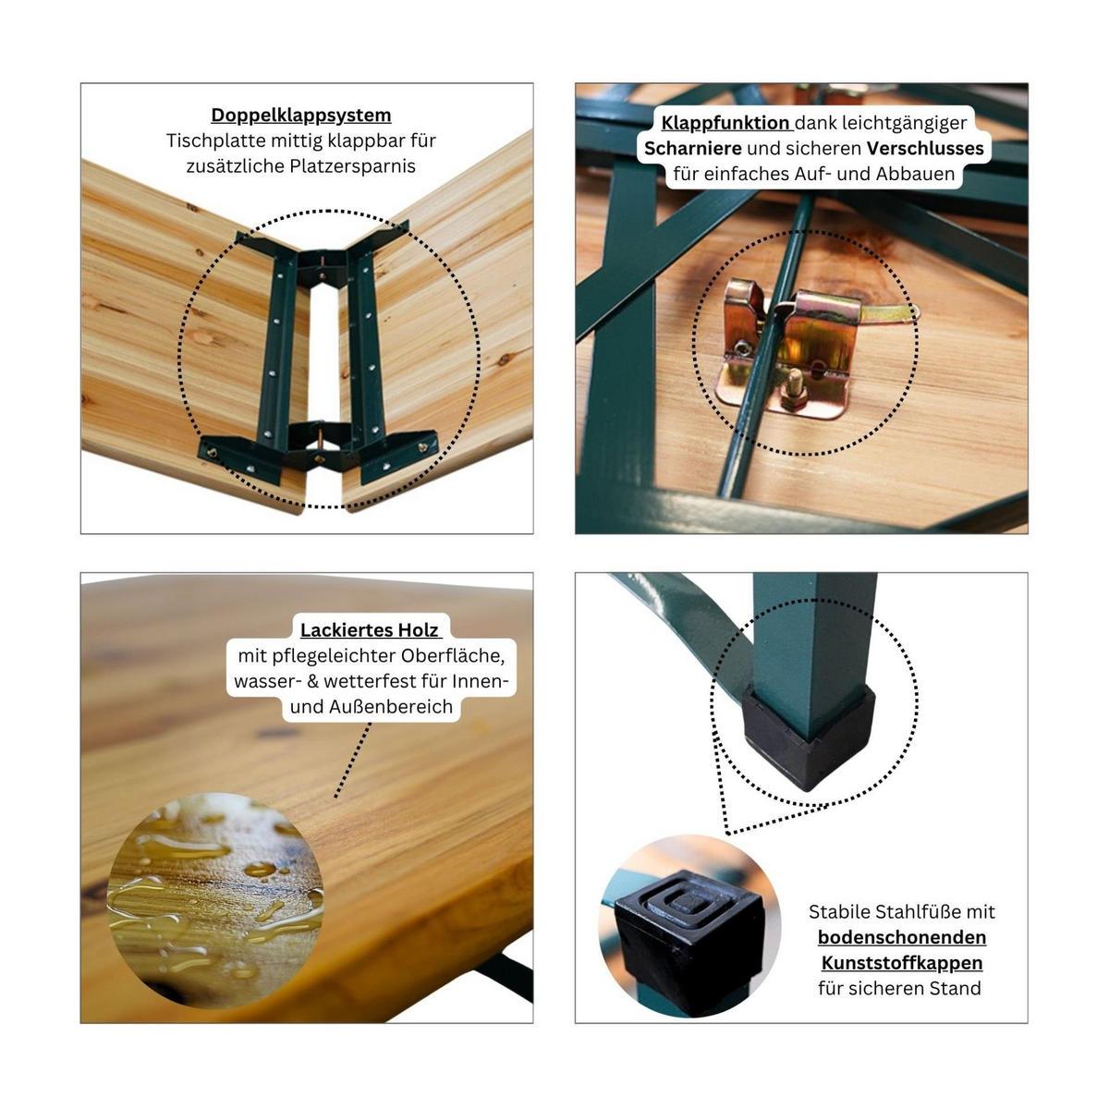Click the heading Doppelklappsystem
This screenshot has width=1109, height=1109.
click(x=300, y=116)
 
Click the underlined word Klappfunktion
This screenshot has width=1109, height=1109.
click(x=725, y=123)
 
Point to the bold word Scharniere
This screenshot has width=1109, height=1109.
click(x=692, y=149)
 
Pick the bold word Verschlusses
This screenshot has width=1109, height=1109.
click(x=925, y=149)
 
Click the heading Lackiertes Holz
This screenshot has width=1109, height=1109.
click(x=370, y=630)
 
